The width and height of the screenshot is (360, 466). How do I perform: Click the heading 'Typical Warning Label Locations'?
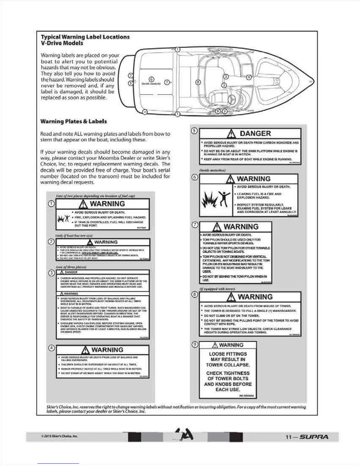(85, 37)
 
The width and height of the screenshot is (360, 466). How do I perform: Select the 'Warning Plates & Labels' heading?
(74, 122)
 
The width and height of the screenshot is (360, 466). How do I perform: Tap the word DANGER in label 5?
(255, 134)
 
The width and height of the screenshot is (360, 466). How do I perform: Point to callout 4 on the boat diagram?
(249, 77)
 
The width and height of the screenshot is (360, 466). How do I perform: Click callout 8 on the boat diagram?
(198, 82)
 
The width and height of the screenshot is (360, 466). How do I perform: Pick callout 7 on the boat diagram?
(166, 82)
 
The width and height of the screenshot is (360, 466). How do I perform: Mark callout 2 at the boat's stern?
(131, 76)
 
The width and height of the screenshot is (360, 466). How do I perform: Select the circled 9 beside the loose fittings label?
(194, 344)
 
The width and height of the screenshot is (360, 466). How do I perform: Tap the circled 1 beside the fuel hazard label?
(51, 204)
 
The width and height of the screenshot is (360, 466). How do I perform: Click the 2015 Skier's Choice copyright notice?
(59, 436)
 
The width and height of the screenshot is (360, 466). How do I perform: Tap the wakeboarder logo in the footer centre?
(185, 435)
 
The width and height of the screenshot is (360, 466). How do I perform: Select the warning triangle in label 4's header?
(85, 350)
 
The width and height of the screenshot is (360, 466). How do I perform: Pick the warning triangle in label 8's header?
(232, 297)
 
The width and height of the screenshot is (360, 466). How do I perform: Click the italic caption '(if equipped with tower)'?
(217, 289)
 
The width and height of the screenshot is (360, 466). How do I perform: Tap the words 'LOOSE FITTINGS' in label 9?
(228, 354)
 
